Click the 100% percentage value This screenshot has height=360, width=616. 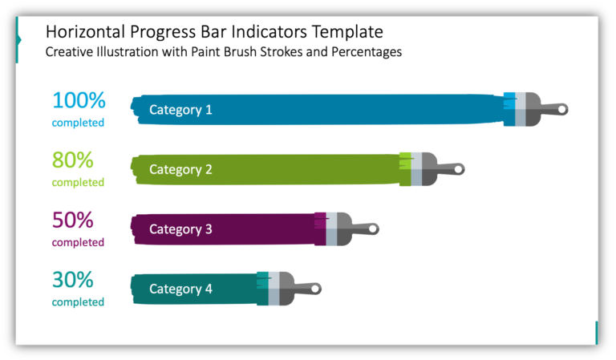tap(79, 101)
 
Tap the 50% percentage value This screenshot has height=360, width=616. tap(73, 220)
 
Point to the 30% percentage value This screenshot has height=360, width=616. tap(73, 280)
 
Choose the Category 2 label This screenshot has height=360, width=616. tap(180, 169)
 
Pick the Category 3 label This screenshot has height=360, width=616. tap(180, 229)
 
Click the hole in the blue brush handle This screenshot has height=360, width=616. tap(562, 109)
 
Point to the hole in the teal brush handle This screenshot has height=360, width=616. tap(315, 289)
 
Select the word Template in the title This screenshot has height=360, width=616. tap(343, 33)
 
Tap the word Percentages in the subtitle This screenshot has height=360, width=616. tap(366, 52)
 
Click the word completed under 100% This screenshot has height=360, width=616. tap(78, 123)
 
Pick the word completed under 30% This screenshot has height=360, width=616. tap(78, 302)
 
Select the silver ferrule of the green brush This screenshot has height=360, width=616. tap(416, 169)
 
